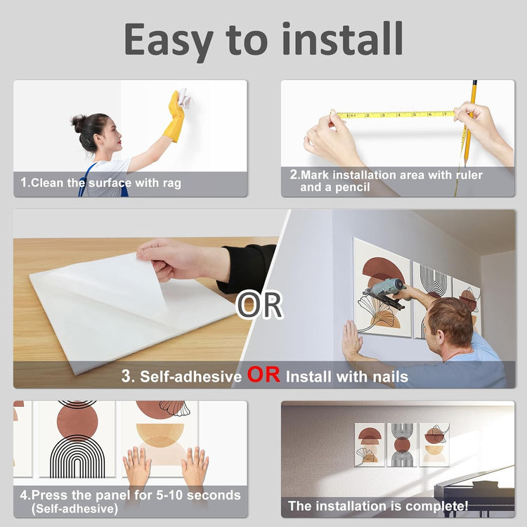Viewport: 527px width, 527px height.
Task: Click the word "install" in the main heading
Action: click(x=342, y=39)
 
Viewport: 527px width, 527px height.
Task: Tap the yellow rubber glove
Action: click(x=174, y=117)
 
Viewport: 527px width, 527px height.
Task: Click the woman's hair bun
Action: click(x=78, y=123)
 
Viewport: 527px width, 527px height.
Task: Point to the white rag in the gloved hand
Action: click(x=184, y=97)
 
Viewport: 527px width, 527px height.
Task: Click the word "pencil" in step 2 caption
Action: click(x=353, y=187)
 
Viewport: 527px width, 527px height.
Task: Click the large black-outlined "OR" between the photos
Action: click(x=259, y=305)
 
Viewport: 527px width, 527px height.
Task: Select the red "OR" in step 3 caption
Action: click(x=263, y=375)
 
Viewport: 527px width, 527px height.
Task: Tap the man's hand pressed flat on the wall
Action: click(x=352, y=339)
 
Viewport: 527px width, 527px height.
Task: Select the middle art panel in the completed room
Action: click(x=402, y=444)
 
